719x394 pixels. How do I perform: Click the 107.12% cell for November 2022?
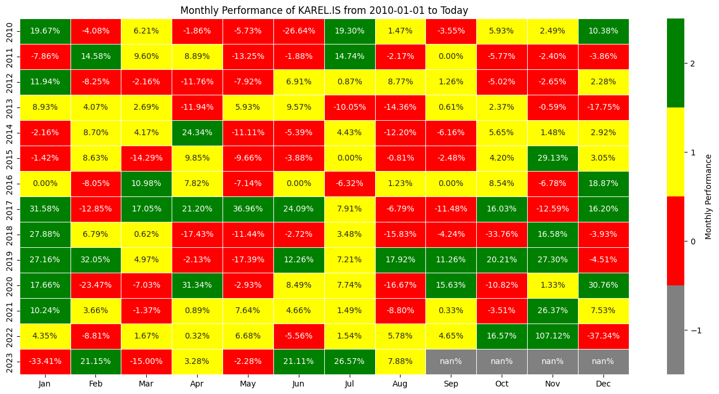coord(552,336)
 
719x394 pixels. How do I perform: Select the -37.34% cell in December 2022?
coord(603,336)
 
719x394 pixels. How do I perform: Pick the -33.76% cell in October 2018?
coord(501,234)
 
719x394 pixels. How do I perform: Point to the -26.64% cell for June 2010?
coord(299,31)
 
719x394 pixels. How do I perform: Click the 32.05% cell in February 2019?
coord(96,259)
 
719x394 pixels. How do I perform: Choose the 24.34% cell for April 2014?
coord(197,132)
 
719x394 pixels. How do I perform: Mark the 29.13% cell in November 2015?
coord(552,158)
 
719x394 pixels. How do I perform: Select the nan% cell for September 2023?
coord(451,361)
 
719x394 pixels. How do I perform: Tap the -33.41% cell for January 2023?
coord(45,361)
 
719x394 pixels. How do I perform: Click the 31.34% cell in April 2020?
coord(197,285)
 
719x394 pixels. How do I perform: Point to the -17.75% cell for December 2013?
coord(603,107)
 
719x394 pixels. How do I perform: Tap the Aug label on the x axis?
coord(400,383)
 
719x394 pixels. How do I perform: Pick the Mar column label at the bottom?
coord(147,383)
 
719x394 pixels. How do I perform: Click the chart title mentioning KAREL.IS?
coord(324,10)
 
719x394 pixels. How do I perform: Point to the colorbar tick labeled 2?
coord(692,63)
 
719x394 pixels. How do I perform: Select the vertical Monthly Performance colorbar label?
coord(708,196)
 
